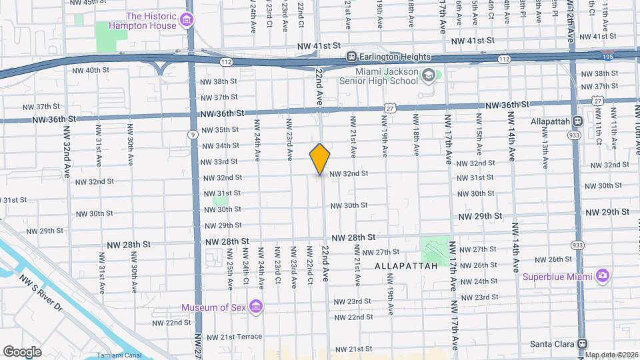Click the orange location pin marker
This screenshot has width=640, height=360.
320,159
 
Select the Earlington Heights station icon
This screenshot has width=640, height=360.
350,57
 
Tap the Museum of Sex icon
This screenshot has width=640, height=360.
255,307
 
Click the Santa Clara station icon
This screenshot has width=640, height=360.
582,343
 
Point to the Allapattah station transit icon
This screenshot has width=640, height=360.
577,121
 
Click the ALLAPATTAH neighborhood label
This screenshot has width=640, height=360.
406,265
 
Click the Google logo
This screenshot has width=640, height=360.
22,351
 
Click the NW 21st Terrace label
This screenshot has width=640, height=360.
234,337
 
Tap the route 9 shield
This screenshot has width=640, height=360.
193,134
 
